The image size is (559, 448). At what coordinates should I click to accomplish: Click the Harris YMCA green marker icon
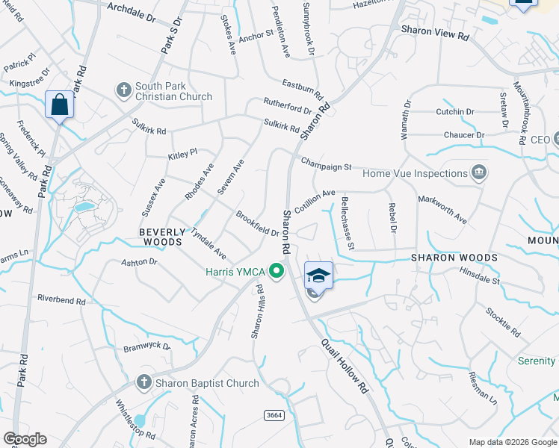277,270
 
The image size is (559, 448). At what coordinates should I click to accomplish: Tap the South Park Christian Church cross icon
124,90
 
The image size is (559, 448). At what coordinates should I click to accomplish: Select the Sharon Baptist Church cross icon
143,383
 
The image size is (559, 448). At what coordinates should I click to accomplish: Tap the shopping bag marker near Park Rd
59,105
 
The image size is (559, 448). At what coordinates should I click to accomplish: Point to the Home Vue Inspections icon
479,173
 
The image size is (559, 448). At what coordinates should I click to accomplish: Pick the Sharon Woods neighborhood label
454,258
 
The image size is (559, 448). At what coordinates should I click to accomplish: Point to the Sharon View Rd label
434,34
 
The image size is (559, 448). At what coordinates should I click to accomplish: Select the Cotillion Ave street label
314,201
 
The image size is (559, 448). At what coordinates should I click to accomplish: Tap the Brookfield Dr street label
257,223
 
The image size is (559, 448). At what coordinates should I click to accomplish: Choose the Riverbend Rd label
61,298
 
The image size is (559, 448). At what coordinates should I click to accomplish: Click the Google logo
25,439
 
